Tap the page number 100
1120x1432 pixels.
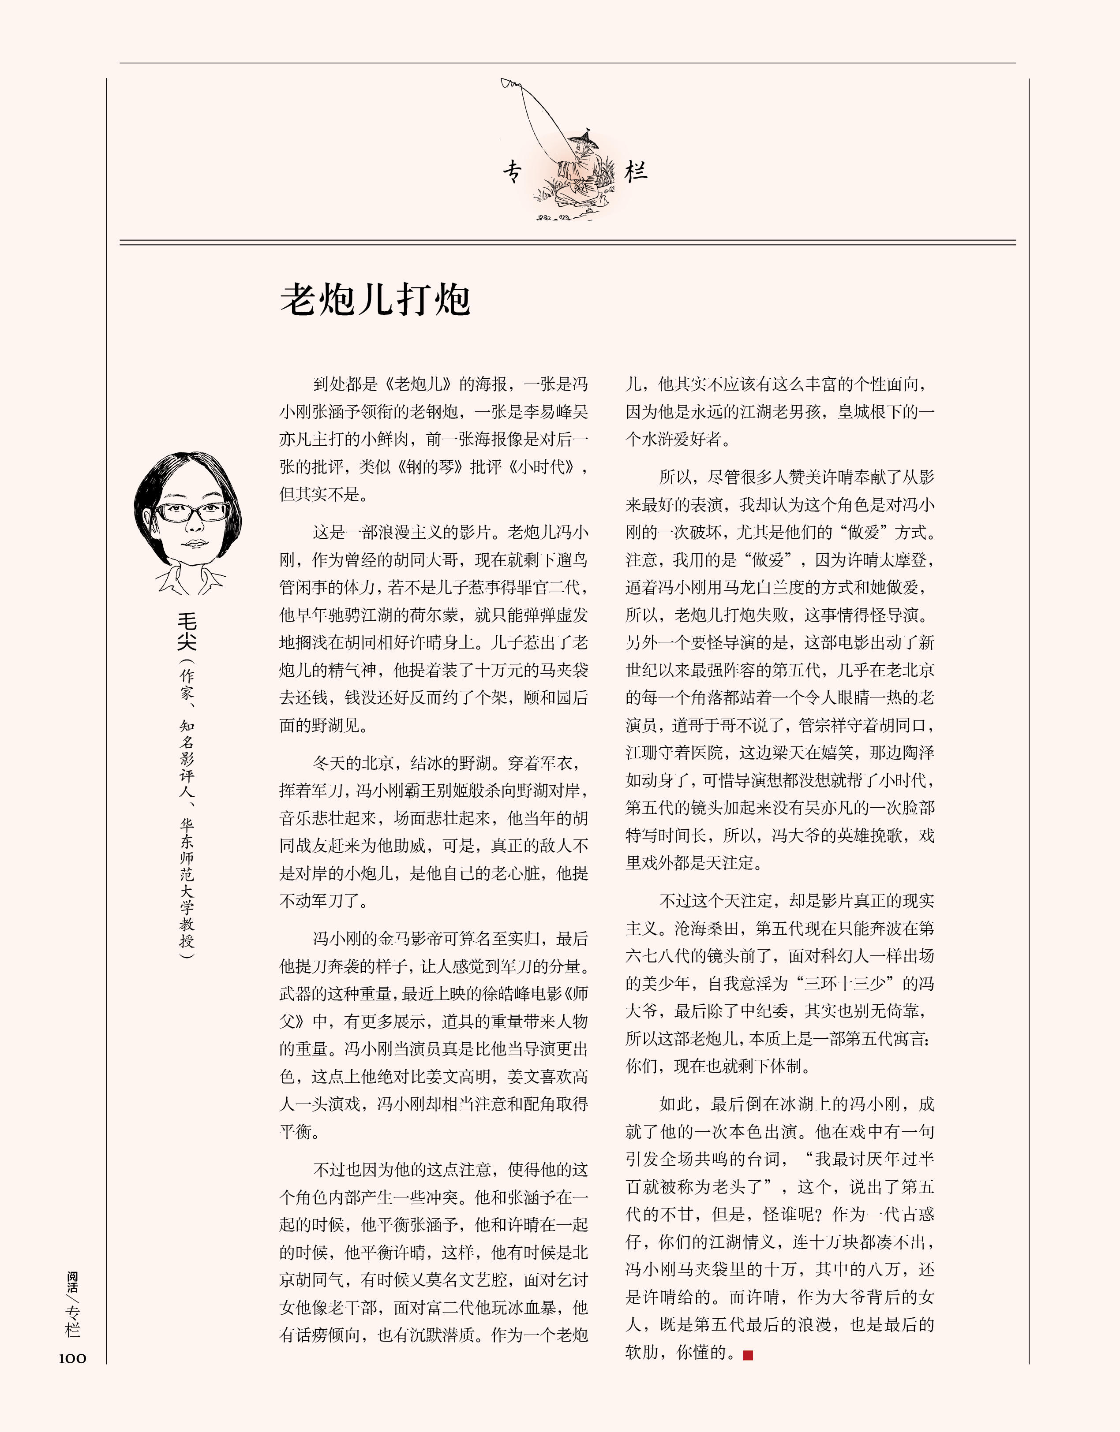(x=72, y=1358)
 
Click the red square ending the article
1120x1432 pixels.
(x=748, y=1355)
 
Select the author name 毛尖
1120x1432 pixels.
(x=187, y=631)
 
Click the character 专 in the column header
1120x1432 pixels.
(x=513, y=172)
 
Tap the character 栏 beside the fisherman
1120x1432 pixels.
(x=636, y=172)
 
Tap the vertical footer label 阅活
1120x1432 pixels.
(x=72, y=1282)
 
